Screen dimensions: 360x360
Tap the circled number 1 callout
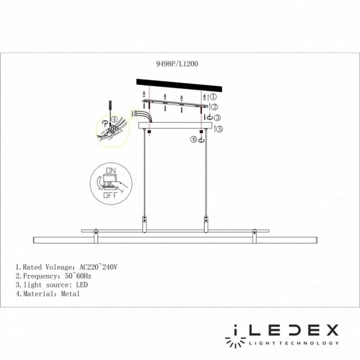tap(213, 97)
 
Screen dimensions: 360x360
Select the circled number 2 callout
tap(214, 107)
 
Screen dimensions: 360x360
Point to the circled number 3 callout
tap(217, 117)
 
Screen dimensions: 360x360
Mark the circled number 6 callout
tap(194, 139)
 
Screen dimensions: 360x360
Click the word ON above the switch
tap(110, 171)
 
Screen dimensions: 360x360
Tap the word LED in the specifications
tap(81, 285)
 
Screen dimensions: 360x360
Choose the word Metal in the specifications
tap(69, 294)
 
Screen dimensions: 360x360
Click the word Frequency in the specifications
tap(38, 275)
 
